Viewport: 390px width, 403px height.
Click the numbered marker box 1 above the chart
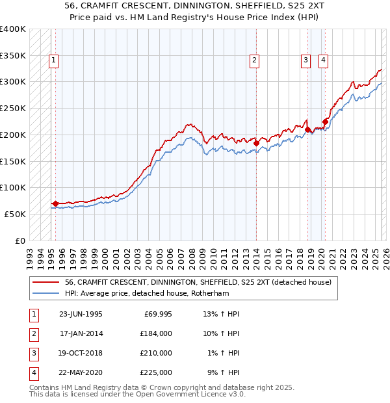click(x=53, y=61)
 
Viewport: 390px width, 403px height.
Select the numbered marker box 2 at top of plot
click(x=254, y=61)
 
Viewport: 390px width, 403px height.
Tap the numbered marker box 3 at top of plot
click(x=305, y=61)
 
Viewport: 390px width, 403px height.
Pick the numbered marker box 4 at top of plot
click(x=323, y=61)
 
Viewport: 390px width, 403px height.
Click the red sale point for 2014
click(x=256, y=143)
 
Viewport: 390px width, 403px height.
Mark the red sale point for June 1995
click(x=56, y=203)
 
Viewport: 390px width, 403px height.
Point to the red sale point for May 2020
click(x=325, y=121)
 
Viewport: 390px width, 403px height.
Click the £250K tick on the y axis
click(x=13, y=108)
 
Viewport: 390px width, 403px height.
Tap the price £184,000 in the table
click(x=156, y=333)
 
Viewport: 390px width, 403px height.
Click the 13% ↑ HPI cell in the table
click(x=222, y=314)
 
